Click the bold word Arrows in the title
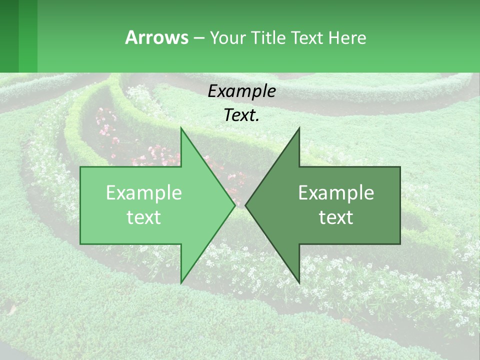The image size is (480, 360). click(156, 37)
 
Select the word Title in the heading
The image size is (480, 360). click(268, 37)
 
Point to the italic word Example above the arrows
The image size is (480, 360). click(241, 92)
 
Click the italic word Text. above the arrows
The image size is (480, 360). click(241, 115)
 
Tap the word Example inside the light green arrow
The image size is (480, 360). click(144, 193)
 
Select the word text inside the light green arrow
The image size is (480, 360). click(144, 217)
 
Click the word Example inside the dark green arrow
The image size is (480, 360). click(336, 193)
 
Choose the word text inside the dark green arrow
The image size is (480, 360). click(336, 217)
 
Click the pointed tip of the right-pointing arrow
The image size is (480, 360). click(234, 205)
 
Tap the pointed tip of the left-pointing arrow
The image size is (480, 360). click(246, 205)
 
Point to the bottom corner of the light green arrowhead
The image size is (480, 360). click(181, 282)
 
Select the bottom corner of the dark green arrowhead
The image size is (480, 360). click(299, 282)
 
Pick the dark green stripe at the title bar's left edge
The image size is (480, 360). click(9, 36)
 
